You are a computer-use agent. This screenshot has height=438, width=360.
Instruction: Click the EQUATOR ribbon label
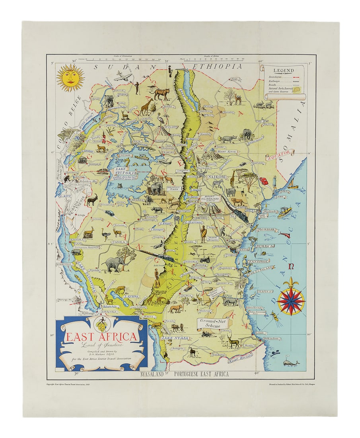coord(280,154)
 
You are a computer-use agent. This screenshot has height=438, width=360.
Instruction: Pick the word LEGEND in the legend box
coord(284,70)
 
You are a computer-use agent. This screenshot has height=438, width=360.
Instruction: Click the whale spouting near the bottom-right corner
coord(290,363)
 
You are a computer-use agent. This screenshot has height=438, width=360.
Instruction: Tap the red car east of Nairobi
coord(263,181)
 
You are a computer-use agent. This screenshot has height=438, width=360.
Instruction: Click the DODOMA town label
coord(190,262)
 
